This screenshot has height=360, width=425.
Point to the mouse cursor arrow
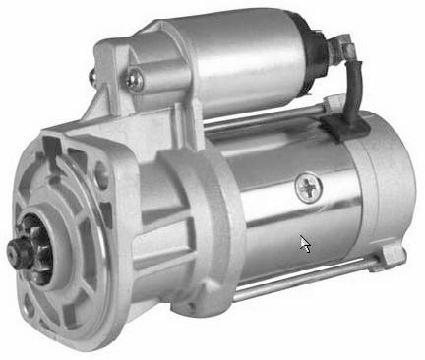tap(305, 242)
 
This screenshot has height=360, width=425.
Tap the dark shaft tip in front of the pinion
tap(17, 258)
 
